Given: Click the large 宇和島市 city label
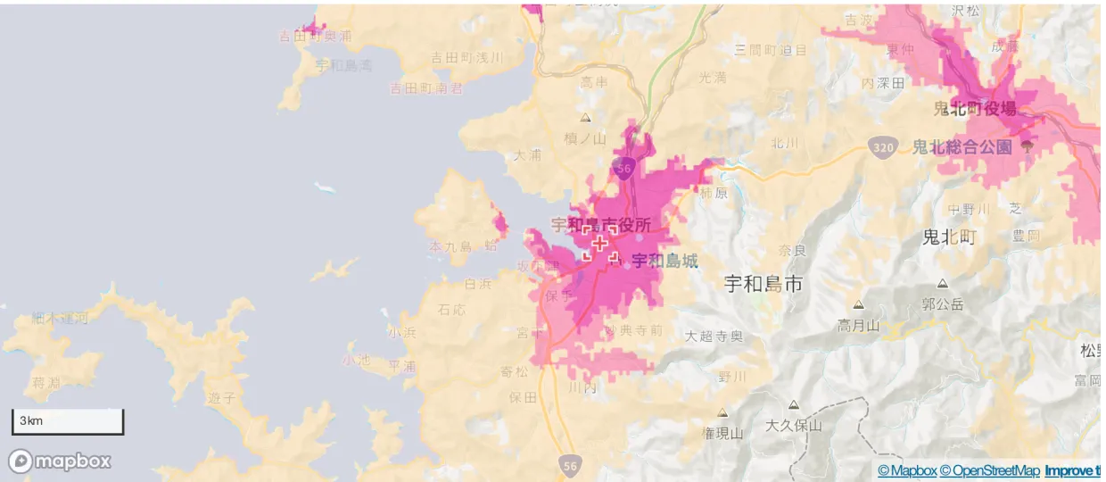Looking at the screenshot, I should tap(763, 285).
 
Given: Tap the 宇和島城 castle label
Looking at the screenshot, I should tap(664, 261).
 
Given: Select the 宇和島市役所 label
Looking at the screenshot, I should tap(600, 225).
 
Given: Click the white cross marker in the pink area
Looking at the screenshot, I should tap(600, 243).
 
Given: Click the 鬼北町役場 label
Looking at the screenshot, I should tap(974, 109).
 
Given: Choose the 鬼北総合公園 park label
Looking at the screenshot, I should tap(962, 146).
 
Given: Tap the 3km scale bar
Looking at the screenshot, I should tap(68, 421).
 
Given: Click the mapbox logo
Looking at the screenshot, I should tap(61, 461).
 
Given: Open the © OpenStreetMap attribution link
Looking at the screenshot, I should tap(990, 470).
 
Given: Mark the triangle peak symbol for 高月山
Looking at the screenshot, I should tap(858, 304).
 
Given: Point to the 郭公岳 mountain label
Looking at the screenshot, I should tap(943, 304).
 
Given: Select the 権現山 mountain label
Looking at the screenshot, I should tap(722, 434).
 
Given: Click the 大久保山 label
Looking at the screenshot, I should tap(793, 426).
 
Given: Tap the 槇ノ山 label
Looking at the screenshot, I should tap(585, 138).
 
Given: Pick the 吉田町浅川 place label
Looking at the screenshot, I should tap(466, 57).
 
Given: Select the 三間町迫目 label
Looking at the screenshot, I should tap(771, 50).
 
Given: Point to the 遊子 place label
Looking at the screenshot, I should tap(220, 397).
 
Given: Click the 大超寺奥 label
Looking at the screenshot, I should tap(714, 337).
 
